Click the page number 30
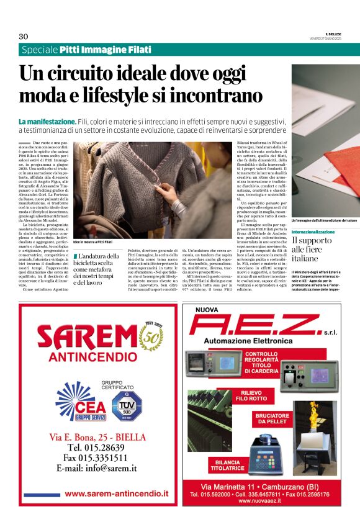point(24,36)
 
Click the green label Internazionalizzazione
point(313,232)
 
